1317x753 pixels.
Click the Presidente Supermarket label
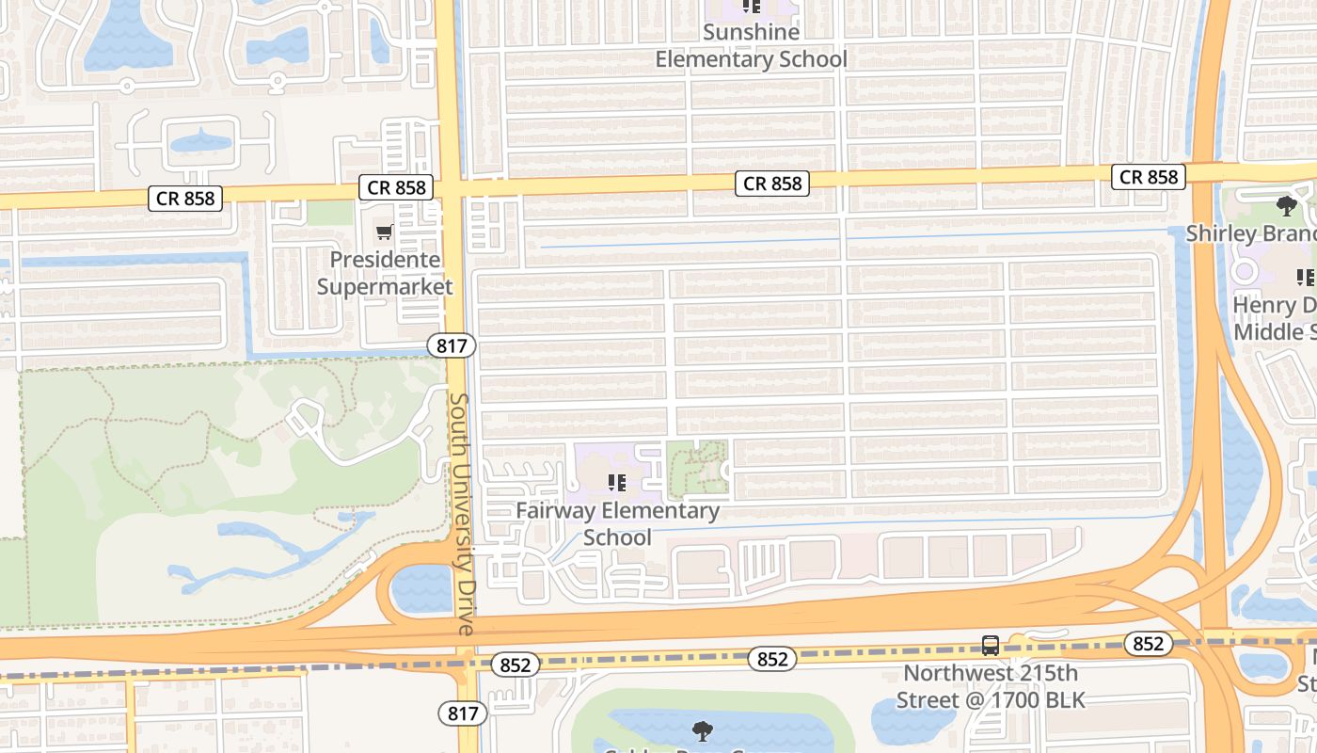pos(384,273)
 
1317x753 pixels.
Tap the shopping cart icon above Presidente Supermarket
pos(384,232)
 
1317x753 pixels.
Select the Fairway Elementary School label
pos(617,523)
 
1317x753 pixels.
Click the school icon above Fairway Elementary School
pos(617,484)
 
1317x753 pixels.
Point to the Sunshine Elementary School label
pos(751,45)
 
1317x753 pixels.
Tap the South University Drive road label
pos(461,513)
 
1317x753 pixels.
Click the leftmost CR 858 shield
pos(185,199)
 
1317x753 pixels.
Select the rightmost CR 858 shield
pos(1149,176)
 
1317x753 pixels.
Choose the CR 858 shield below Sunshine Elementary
pos(773,184)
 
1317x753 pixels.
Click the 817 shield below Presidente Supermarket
pos(452,345)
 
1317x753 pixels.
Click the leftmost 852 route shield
pos(515,665)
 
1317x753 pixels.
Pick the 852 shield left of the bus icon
pos(772,659)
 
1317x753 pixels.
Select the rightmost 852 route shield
pos(1148,644)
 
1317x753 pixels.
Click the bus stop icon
pos(991,646)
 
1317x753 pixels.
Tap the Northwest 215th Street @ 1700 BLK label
pos(990,686)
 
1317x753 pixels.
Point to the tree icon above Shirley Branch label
pos(1287,206)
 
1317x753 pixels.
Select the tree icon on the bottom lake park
pos(701,730)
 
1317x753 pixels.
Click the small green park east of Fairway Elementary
pos(697,467)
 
